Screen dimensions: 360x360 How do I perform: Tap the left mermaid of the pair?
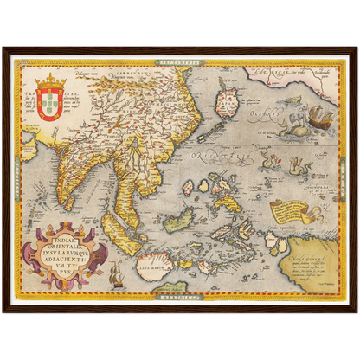pyautogui.click(x=268, y=161)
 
